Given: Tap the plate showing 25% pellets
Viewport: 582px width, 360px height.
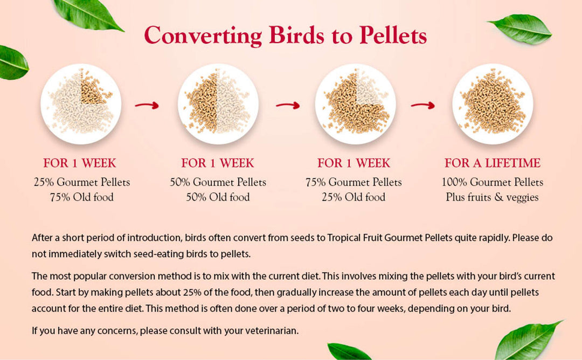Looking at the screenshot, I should coord(81,103).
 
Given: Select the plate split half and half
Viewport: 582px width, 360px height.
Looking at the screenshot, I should coord(218,103).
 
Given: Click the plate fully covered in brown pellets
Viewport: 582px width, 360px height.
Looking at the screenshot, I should coord(492,103).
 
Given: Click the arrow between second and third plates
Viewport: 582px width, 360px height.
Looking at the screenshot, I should coord(287,105).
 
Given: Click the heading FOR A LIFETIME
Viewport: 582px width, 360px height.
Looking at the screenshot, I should coord(492,163).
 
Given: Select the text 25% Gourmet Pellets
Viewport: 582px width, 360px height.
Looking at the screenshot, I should coord(81,182).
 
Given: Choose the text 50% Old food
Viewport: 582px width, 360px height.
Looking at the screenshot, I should coord(218,197).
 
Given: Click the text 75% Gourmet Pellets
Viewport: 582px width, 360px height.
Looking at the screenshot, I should coord(354,182).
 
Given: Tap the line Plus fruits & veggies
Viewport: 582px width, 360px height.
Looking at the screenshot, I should coord(492,197).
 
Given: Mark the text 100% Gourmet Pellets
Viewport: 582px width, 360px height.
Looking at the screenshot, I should coord(492,182).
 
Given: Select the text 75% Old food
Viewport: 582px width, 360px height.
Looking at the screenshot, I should coord(81,197).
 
